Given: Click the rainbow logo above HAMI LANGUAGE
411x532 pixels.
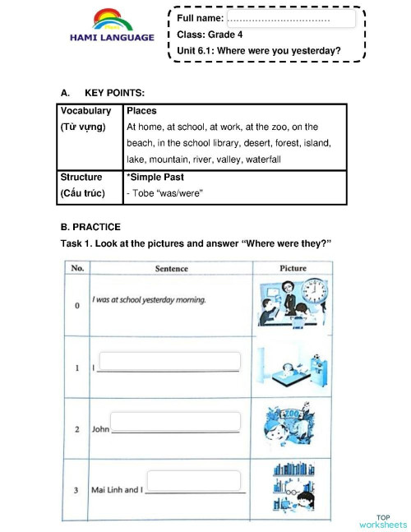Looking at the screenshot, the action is click(112, 21).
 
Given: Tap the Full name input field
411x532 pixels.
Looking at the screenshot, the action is click(291, 18).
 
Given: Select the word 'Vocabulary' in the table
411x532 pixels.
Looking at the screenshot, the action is click(85, 111).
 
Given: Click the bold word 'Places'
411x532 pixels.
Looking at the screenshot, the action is click(141, 111).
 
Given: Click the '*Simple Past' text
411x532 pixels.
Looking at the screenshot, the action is click(155, 177).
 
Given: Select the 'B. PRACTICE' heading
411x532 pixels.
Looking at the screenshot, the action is click(90, 226).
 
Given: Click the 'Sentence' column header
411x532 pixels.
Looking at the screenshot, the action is click(171, 268).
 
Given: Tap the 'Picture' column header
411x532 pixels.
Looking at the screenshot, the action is click(293, 268).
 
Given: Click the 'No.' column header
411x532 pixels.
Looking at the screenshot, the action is click(77, 268).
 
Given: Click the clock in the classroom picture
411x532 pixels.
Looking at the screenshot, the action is click(313, 291).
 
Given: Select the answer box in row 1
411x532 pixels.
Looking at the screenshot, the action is click(170, 361).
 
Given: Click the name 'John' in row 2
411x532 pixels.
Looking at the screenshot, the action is click(100, 428).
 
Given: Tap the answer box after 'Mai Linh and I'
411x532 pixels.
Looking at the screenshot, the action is click(195, 481).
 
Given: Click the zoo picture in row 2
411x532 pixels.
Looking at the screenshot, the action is click(293, 425).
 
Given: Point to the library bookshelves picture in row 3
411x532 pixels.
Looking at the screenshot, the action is click(293, 488).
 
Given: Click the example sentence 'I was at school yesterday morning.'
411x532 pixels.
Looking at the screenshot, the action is click(148, 299).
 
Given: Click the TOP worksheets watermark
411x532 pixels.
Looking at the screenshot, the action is click(382, 521).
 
